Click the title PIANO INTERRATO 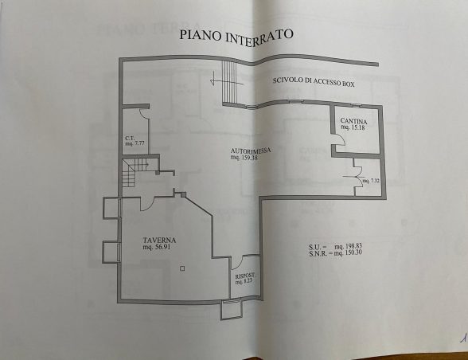[236, 36]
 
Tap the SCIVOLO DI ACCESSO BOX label [314, 82]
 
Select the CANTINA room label [353, 121]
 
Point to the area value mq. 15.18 [353, 127]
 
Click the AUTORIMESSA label [251, 151]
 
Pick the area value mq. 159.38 [244, 157]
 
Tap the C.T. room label [130, 138]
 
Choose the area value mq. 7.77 [135, 143]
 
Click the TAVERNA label [159, 241]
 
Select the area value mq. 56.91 [157, 247]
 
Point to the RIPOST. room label [245, 276]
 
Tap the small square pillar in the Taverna [182, 268]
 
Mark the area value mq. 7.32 [371, 181]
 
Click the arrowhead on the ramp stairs [213, 80]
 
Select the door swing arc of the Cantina [340, 139]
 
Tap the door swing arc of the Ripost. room [237, 262]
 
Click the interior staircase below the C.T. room [135, 173]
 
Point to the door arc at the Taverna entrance [147, 205]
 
